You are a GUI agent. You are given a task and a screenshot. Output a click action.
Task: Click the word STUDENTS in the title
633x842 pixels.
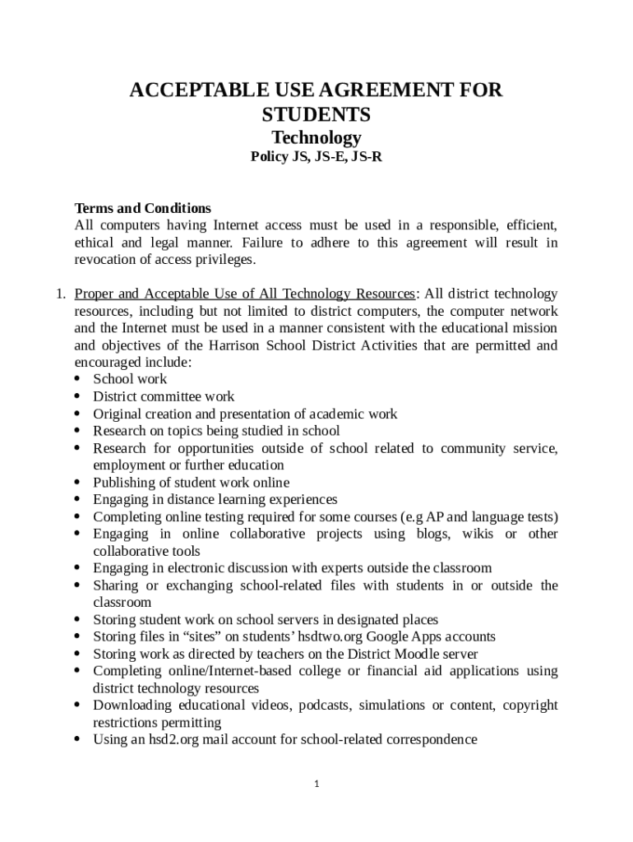tap(316, 114)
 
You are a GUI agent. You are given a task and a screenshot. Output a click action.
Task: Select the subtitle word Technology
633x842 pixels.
tap(316, 137)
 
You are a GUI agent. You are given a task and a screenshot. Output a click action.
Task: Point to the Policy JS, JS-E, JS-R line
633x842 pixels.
tap(316, 156)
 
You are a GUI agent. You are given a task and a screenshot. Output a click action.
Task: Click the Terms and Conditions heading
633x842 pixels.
tap(143, 208)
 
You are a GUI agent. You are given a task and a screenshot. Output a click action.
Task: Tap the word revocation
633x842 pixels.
tap(108, 260)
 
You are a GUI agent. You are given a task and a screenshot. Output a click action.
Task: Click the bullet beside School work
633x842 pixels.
tap(77, 379)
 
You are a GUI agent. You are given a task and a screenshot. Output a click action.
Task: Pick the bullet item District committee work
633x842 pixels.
tap(164, 396)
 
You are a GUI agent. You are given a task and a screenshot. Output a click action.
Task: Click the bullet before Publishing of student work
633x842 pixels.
tap(77, 483)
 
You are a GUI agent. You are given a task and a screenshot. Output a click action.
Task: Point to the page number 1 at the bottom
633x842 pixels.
tap(316, 784)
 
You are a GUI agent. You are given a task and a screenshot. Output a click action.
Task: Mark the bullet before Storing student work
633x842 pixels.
tap(77, 619)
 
